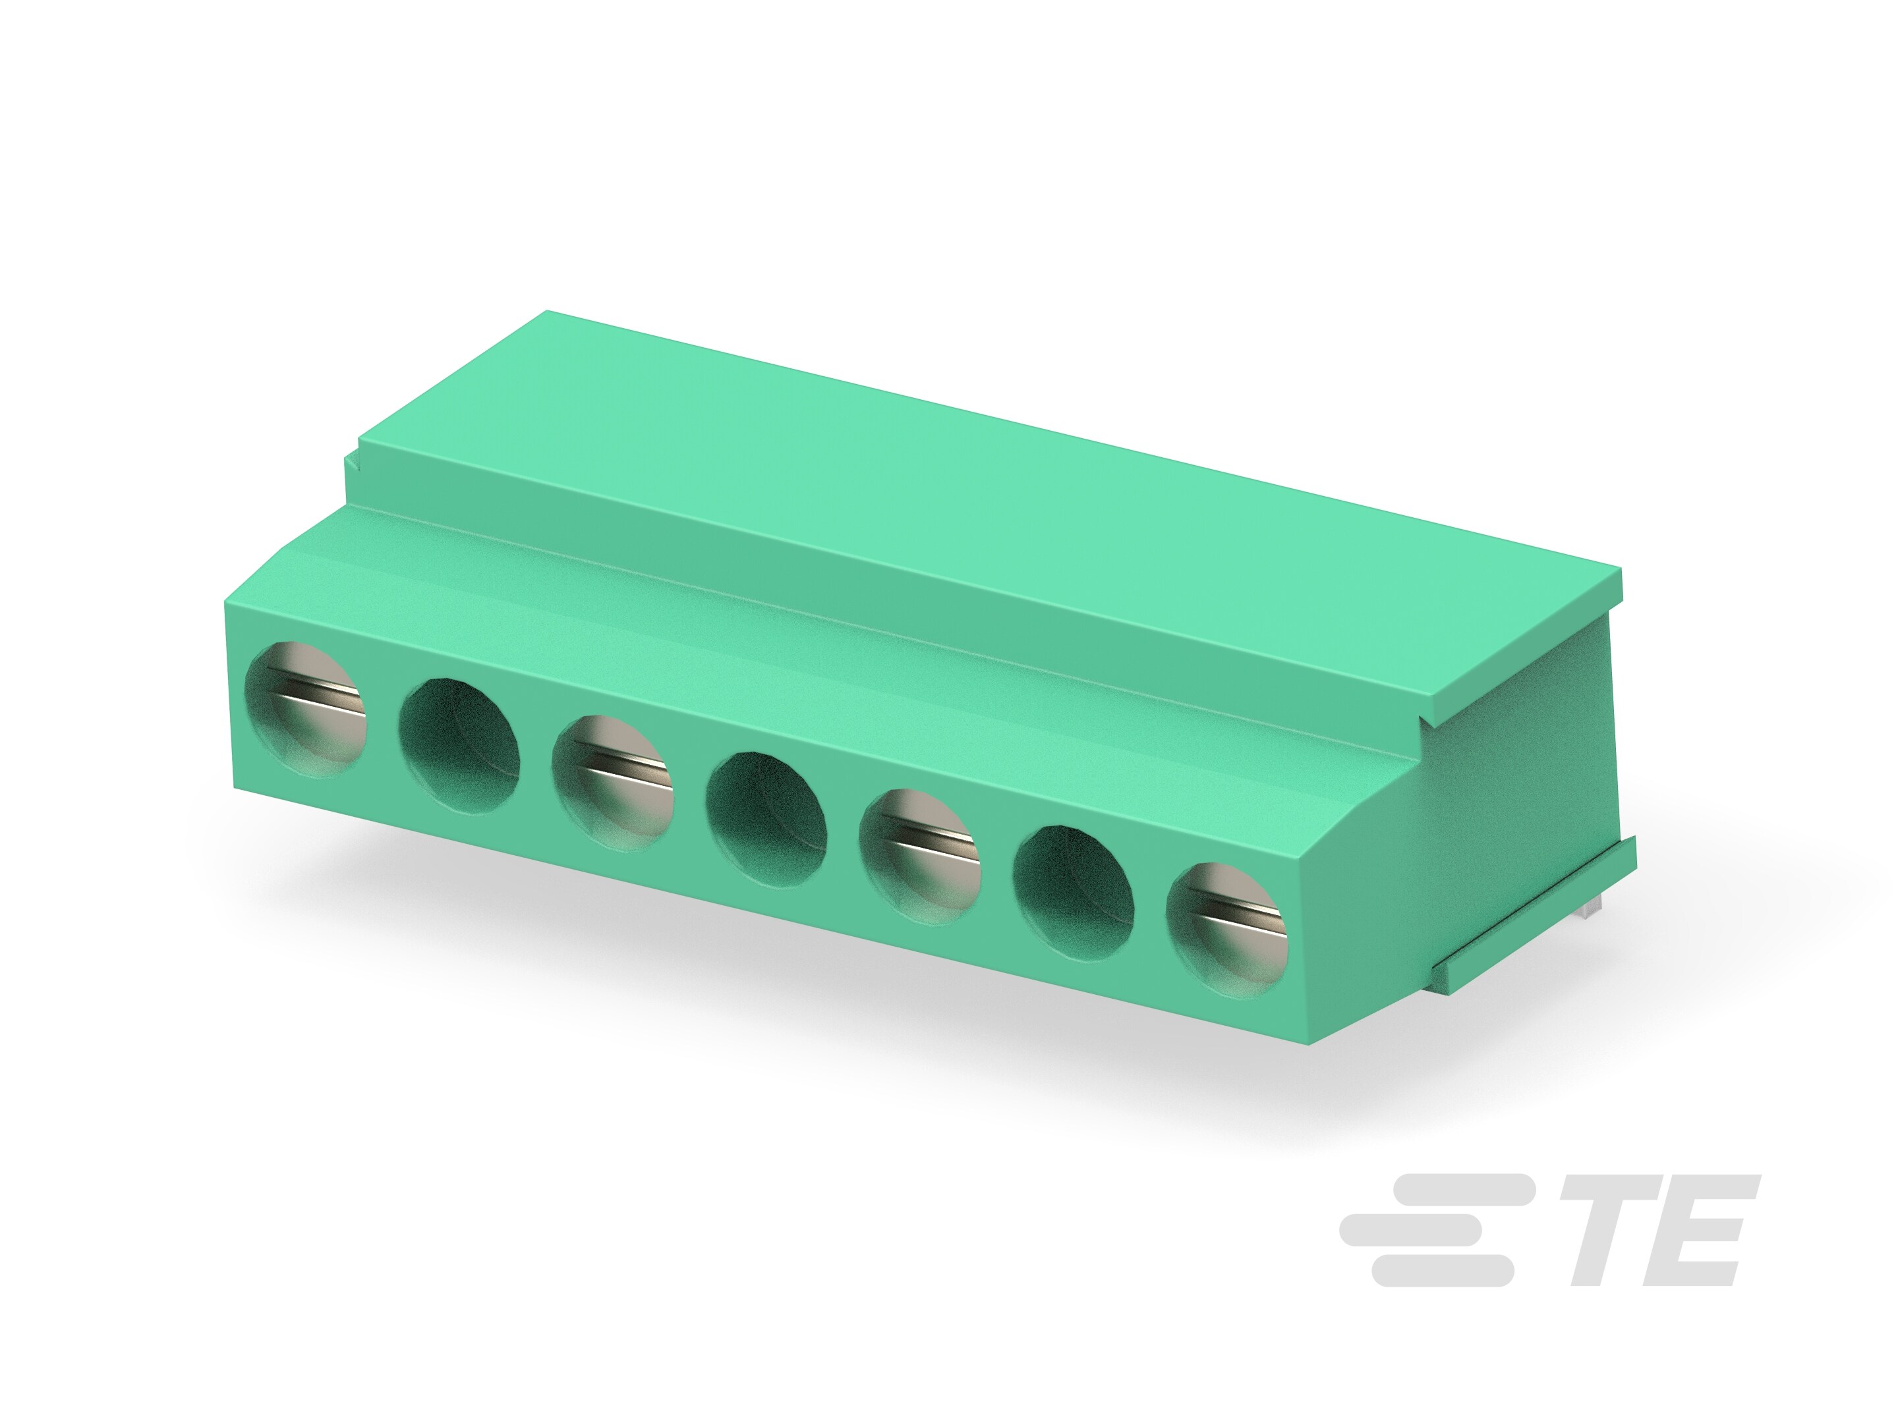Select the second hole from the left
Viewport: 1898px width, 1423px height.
point(460,744)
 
